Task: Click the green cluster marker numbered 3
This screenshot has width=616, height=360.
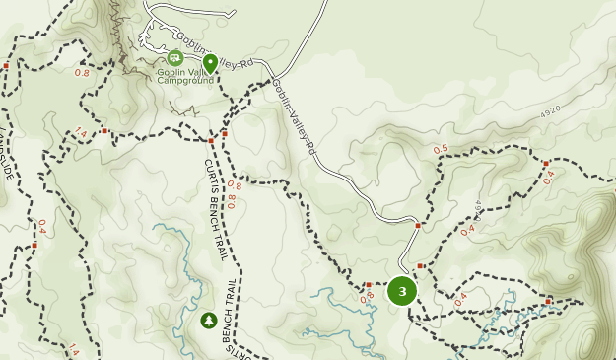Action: coord(402,291)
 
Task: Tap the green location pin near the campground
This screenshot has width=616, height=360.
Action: coord(210,63)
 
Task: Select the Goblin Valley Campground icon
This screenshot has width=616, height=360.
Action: coord(175,58)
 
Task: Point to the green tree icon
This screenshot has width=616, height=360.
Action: coord(208,320)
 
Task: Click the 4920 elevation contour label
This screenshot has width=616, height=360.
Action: coord(550,109)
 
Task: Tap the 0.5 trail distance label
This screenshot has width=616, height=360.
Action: coord(441,149)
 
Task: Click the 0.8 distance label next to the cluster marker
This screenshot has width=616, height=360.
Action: coord(369,296)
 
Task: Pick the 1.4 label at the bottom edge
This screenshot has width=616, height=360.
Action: coord(73,349)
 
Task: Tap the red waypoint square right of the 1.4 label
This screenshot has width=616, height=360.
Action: coord(103,130)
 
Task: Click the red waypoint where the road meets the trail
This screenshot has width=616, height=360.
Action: coord(418,226)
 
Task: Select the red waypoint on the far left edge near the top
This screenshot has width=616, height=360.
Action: coord(5,66)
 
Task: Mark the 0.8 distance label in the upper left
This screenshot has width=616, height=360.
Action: coord(82,73)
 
